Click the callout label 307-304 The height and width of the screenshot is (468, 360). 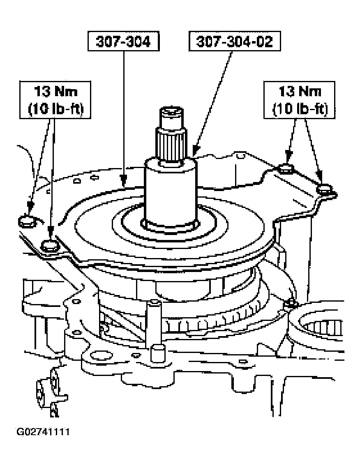click(x=124, y=42)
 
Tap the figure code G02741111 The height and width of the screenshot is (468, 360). click(x=43, y=432)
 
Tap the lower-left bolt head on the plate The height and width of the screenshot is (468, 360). click(x=51, y=245)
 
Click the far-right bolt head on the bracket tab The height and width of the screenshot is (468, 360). click(x=325, y=188)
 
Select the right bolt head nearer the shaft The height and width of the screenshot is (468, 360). click(x=285, y=168)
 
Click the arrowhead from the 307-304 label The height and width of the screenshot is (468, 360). click(x=122, y=181)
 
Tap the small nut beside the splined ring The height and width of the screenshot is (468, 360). click(x=291, y=304)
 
